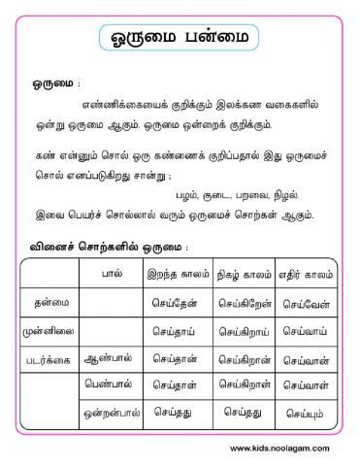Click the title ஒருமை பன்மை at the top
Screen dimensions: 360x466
pos(180,41)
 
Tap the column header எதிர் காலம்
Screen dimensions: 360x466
pos(306,275)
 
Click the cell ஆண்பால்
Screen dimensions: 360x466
pos(111,357)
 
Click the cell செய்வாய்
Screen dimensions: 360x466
pos(306,330)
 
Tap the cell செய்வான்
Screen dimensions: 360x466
pos(306,357)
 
